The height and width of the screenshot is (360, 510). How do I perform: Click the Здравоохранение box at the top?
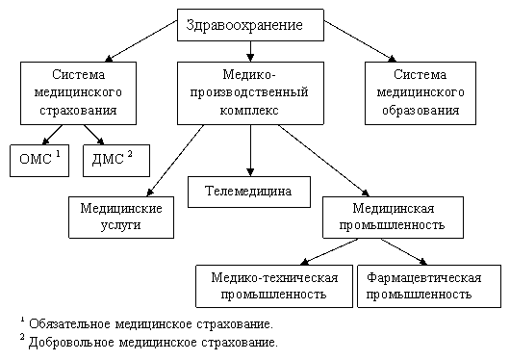(x=250, y=25)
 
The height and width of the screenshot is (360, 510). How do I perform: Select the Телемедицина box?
(x=249, y=193)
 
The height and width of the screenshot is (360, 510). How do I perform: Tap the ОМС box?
(x=39, y=161)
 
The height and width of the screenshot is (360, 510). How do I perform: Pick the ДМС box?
(x=116, y=161)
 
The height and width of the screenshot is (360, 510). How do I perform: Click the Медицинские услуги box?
(x=121, y=218)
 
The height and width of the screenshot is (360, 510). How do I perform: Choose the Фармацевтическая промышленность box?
(x=429, y=286)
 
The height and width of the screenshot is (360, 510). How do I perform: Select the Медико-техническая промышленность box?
(x=274, y=286)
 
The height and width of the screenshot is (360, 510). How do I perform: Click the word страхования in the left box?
(x=78, y=110)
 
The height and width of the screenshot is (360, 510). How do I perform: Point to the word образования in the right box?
(x=421, y=111)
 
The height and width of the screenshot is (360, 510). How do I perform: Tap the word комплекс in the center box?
(x=249, y=111)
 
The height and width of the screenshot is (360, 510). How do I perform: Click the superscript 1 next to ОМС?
(x=58, y=154)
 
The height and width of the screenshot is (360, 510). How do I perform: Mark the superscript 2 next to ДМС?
(x=130, y=154)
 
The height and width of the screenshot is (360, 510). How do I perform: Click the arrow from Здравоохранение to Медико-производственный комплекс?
(x=250, y=51)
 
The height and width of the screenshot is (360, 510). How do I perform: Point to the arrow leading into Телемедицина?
(x=250, y=151)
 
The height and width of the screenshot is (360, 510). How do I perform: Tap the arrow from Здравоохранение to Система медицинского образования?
(x=360, y=41)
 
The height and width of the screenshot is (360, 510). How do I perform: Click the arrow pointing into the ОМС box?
(x=52, y=135)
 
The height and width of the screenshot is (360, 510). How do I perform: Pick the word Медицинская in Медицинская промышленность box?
(x=394, y=208)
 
